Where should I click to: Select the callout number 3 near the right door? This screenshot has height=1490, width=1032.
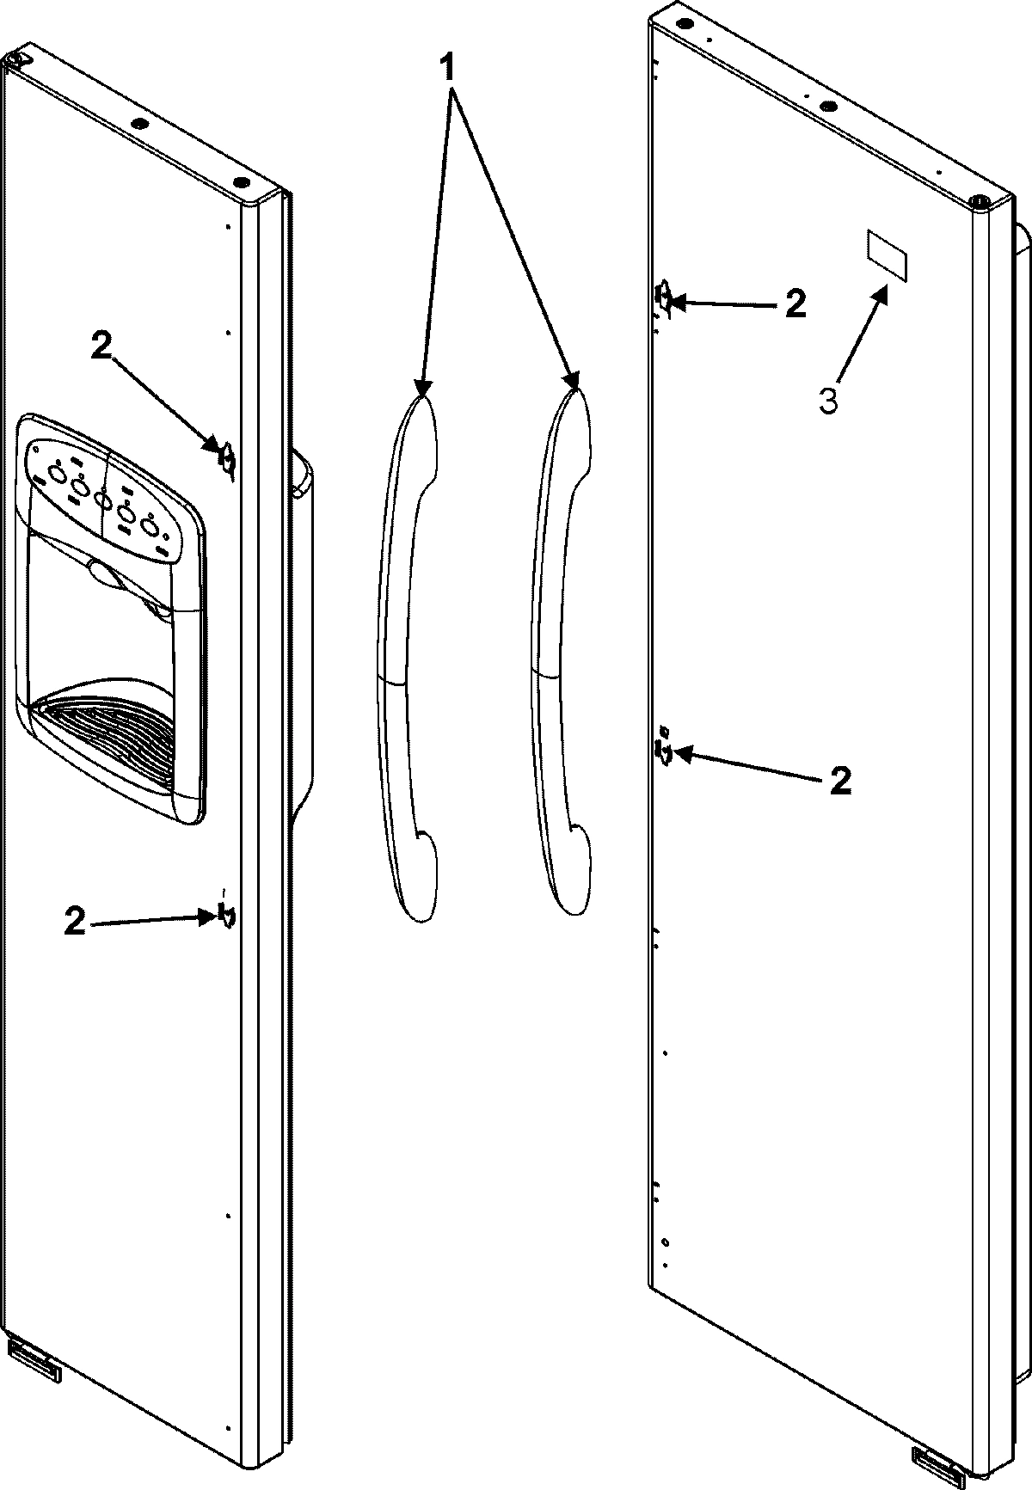point(828,400)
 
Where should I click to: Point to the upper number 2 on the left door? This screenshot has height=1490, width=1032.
point(101,346)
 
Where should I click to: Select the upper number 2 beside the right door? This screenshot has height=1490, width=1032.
point(795,304)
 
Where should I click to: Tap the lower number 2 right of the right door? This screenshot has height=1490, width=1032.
point(840,780)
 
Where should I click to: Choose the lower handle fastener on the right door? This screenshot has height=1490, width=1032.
point(664,751)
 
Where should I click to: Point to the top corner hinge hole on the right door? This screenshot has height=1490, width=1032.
point(978,201)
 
